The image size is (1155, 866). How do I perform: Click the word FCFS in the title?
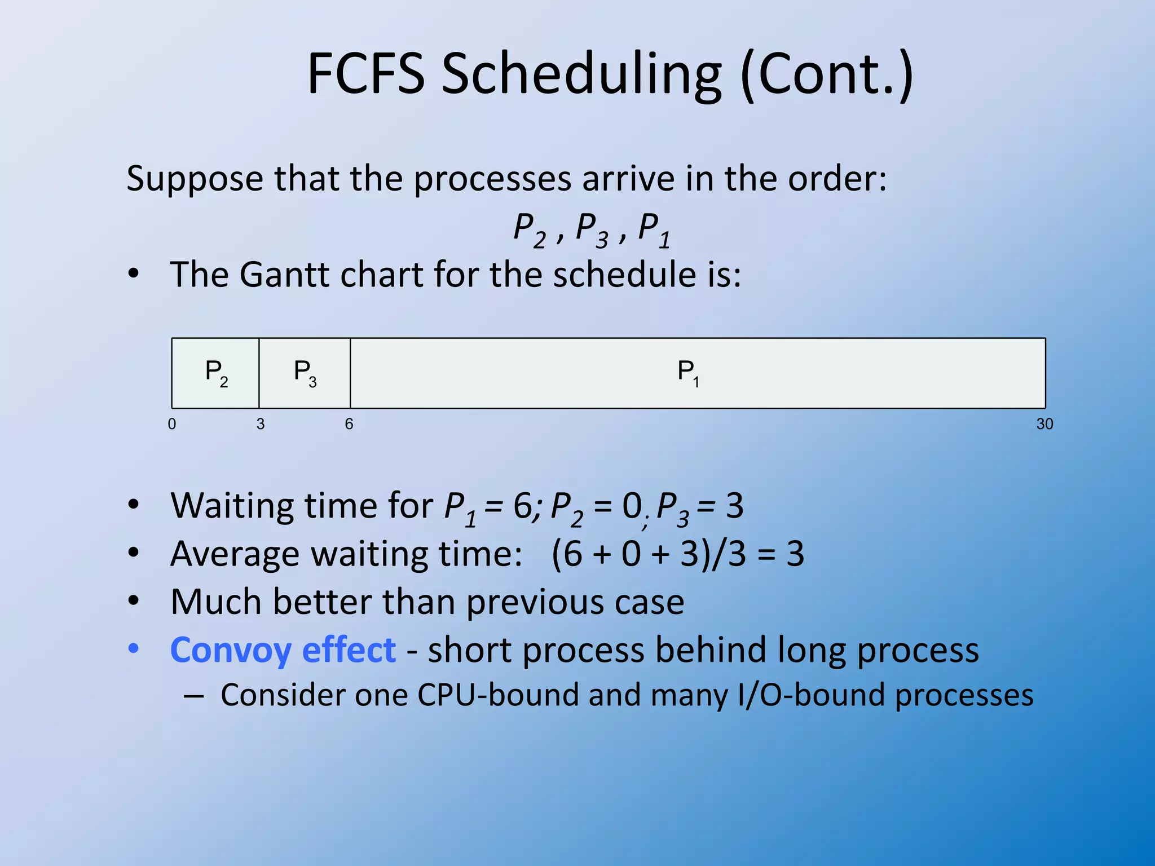click(365, 74)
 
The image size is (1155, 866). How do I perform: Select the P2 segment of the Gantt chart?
click(215, 373)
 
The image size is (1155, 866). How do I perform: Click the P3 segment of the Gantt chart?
click(305, 373)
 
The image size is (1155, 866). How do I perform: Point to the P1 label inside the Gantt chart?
click(688, 373)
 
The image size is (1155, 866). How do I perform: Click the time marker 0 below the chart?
click(172, 424)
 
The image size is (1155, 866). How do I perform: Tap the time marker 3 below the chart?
click(261, 424)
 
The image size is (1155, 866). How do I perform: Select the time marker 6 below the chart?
click(349, 424)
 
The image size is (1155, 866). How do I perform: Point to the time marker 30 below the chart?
click(1044, 424)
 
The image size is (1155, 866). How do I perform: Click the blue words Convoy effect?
click(283, 650)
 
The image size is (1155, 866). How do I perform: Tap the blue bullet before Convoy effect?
click(133, 649)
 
